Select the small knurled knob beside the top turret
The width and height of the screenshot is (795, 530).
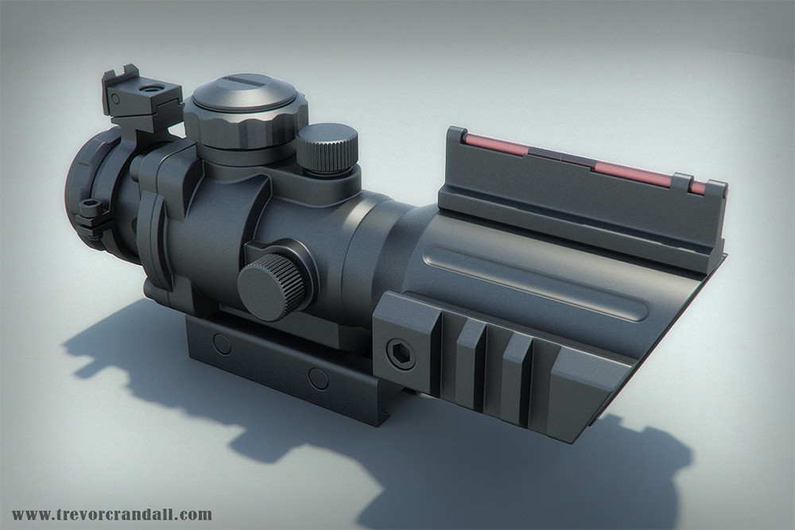[x=327, y=148]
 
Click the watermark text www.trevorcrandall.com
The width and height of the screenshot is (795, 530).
[x=112, y=514]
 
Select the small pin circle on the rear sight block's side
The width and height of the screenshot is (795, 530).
[x=116, y=100]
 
